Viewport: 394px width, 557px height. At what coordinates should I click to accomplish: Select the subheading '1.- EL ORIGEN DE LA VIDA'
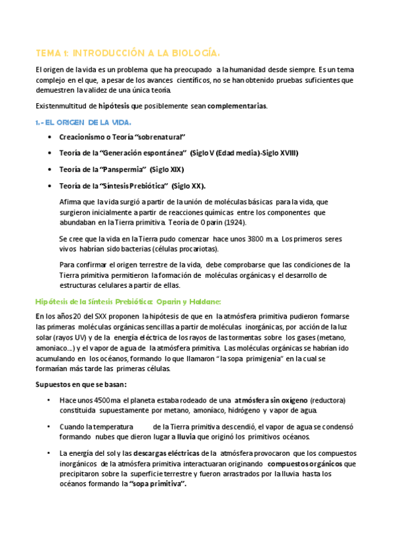coord(83,122)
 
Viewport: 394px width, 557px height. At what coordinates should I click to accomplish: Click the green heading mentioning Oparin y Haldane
coord(127,301)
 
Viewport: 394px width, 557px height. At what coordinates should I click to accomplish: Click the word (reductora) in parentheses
coord(328,400)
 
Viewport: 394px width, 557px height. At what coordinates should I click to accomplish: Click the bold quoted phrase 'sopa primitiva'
coord(158,484)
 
